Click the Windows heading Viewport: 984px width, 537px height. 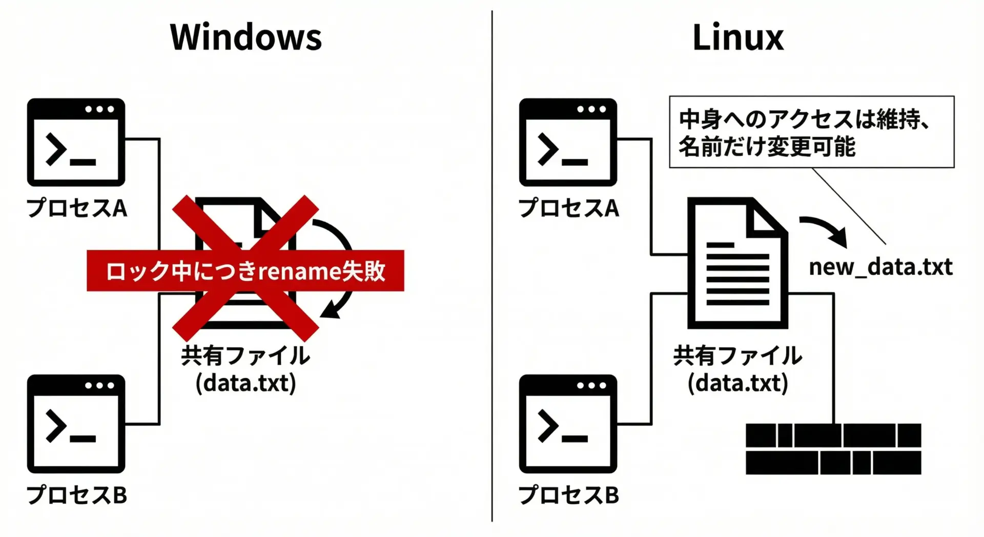(245, 37)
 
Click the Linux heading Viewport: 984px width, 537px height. (737, 37)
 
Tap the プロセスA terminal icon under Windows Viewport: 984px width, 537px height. (76, 142)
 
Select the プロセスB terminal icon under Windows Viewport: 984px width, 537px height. (76, 424)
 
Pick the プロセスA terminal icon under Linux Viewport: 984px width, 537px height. (568, 142)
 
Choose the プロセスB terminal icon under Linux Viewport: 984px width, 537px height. (568, 424)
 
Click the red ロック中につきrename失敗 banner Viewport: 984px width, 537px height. (245, 271)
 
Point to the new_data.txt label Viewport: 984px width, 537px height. (880, 267)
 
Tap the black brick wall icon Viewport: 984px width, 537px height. (833, 449)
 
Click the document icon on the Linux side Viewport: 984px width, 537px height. (737, 263)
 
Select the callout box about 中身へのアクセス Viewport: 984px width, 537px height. (811, 132)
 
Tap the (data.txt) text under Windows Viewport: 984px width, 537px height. (245, 383)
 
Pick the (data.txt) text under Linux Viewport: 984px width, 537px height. (737, 383)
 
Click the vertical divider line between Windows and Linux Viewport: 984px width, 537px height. (492, 267)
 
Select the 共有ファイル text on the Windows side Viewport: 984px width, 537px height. (245, 355)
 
